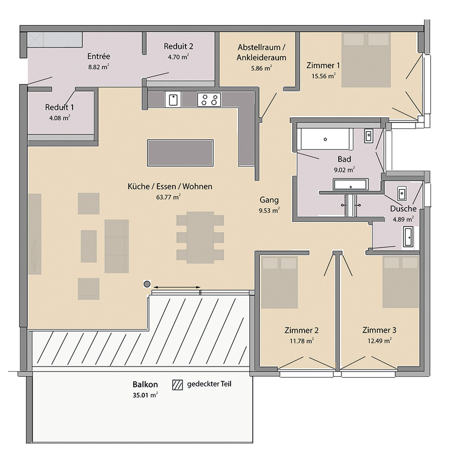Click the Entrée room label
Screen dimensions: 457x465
[x=99, y=56]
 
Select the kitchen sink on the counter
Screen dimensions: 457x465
[x=173, y=100]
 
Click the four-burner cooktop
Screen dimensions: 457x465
[x=209, y=100]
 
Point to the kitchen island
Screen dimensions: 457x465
[x=180, y=153]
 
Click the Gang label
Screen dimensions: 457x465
[x=269, y=200]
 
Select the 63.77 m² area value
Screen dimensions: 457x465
[x=168, y=197]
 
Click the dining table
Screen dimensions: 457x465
[x=200, y=237]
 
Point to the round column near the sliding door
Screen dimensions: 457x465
[x=147, y=284]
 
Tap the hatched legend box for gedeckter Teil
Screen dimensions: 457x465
[x=177, y=385]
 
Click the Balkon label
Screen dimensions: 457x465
[x=145, y=384]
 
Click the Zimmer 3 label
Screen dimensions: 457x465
[x=379, y=330]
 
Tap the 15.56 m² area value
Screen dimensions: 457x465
[x=323, y=76]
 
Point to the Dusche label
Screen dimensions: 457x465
[x=403, y=209]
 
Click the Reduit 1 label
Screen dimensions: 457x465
[x=59, y=107]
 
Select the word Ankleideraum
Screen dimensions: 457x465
[x=261, y=58]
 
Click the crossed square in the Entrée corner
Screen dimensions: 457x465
[x=35, y=40]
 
